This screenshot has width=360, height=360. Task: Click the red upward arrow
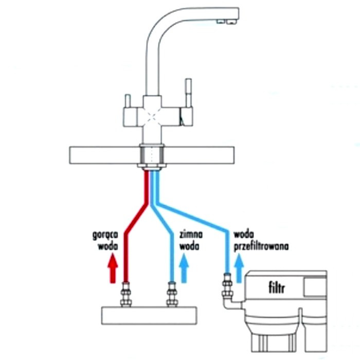point(113,268)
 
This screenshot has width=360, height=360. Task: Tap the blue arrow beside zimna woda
point(184,268)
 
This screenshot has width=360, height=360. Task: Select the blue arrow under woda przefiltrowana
point(239,268)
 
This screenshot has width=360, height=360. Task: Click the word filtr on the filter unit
point(277,287)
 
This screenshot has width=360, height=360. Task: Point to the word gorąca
point(105,236)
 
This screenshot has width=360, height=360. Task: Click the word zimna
point(191,235)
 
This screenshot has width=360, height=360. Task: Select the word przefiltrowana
point(261,247)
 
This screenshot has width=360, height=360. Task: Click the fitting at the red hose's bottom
point(126,294)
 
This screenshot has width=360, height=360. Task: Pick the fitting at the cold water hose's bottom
point(172,294)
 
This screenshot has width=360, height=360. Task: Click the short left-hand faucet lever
point(128,101)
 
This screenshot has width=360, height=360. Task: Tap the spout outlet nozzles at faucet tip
point(227,22)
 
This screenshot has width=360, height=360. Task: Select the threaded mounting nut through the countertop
point(152,156)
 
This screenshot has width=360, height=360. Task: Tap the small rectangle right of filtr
point(315,287)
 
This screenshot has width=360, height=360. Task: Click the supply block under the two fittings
point(149,315)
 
